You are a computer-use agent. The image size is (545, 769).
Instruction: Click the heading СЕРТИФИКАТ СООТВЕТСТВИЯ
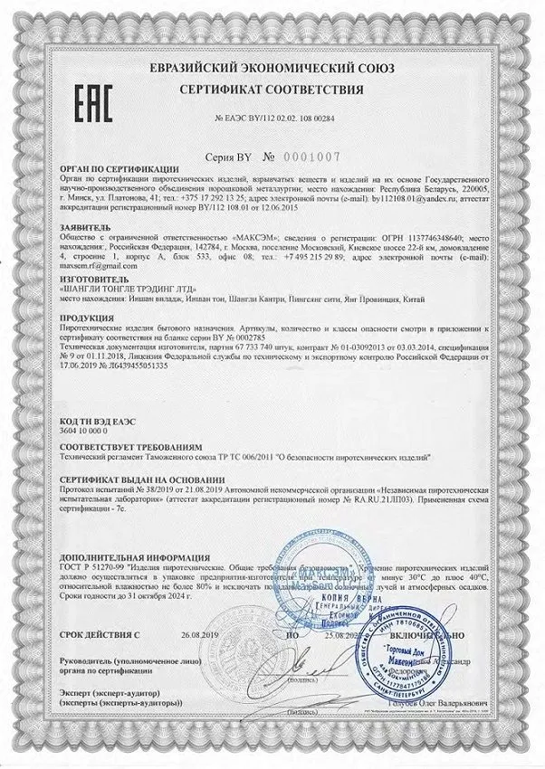pyautogui.click(x=272, y=90)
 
